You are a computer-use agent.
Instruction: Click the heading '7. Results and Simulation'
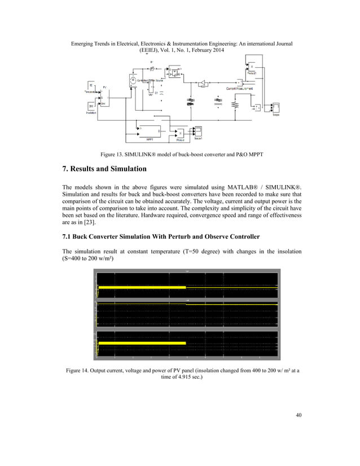coord(107,169)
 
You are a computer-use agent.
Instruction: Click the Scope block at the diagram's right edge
coord(276,107)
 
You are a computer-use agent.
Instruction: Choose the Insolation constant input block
coord(91,105)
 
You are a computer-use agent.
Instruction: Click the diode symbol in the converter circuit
coord(201,83)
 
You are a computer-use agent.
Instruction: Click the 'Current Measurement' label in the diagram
coord(240,89)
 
